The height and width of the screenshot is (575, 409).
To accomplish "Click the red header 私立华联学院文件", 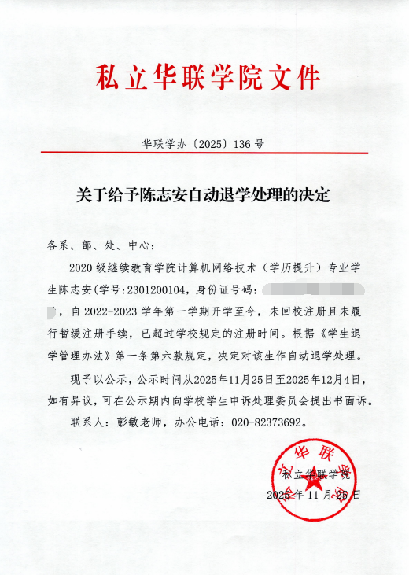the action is (208, 78).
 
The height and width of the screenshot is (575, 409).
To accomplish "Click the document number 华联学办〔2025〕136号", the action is (203, 145).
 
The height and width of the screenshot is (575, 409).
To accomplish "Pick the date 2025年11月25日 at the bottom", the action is (314, 496).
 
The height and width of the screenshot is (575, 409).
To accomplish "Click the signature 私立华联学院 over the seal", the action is (315, 475).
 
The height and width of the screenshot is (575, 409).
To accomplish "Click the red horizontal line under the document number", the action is (204, 157).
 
